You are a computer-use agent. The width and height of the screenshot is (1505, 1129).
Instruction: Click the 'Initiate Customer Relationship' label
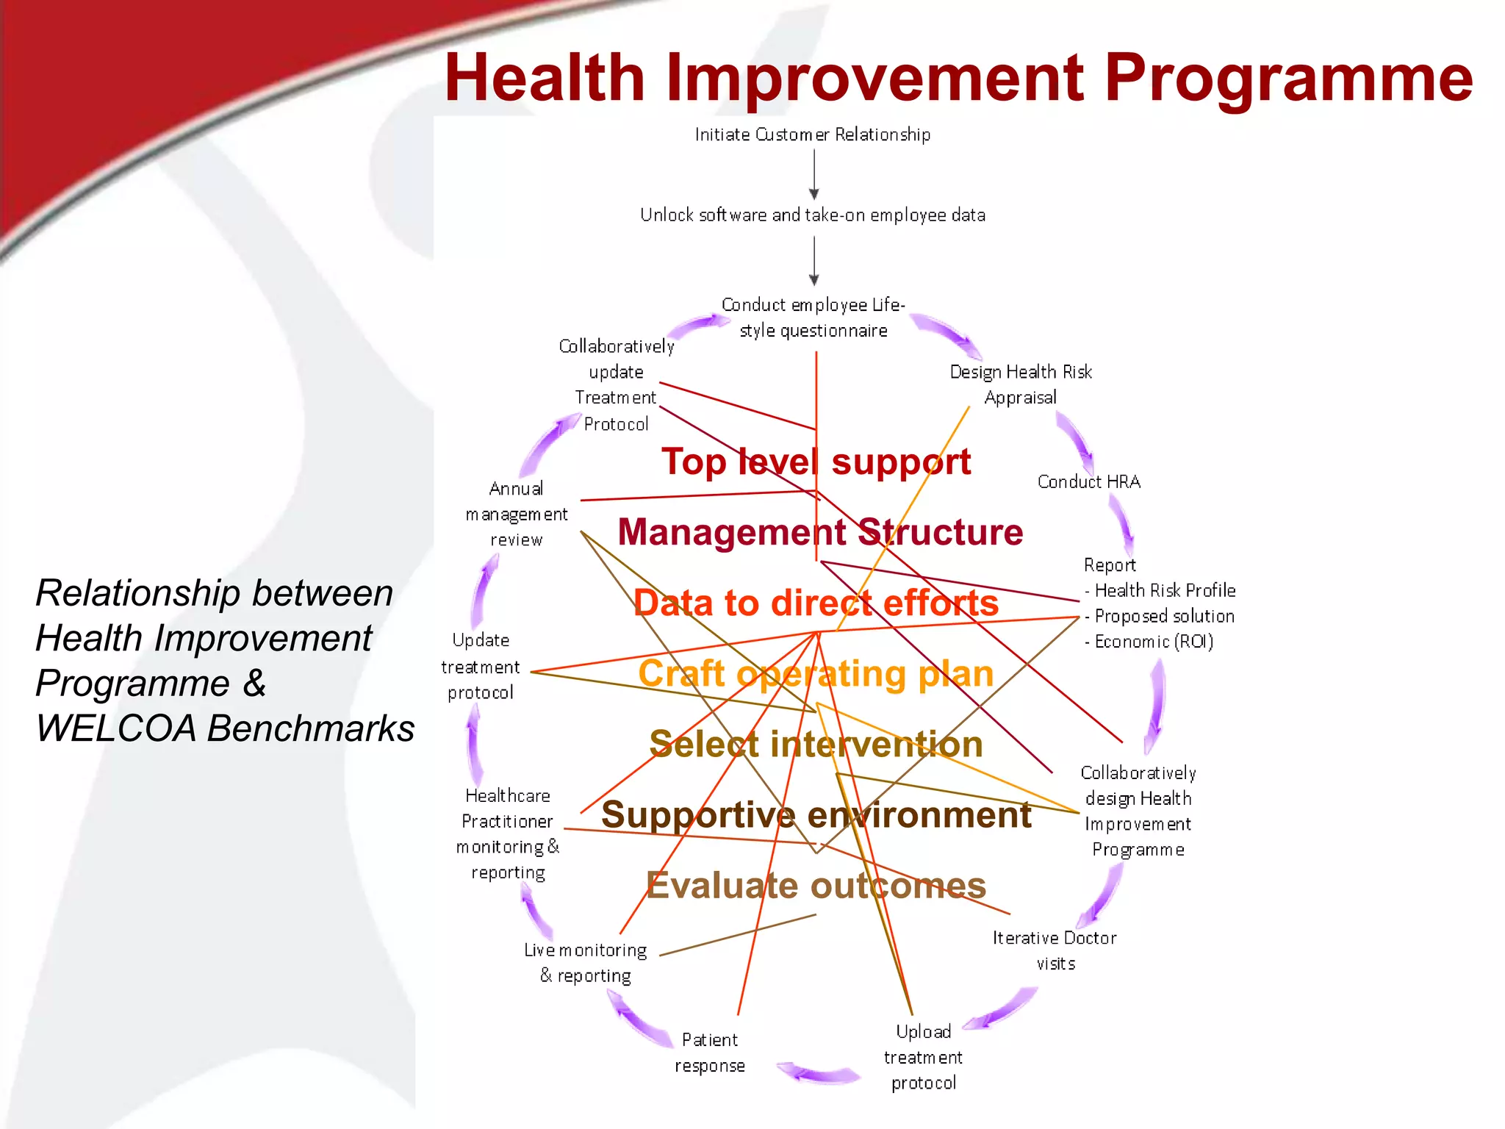[813, 135]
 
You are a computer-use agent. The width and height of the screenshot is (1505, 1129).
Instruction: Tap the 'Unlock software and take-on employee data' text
[813, 215]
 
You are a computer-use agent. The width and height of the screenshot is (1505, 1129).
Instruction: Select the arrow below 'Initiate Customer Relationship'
[813, 175]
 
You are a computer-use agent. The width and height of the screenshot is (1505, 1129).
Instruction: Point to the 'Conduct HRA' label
[1088, 482]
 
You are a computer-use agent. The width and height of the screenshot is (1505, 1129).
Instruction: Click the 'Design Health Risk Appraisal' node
[1021, 384]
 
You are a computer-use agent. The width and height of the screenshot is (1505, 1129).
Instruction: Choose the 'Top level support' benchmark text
[816, 462]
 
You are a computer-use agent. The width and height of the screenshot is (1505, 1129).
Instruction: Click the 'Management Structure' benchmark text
[820, 531]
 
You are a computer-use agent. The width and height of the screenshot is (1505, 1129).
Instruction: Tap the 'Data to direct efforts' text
[816, 603]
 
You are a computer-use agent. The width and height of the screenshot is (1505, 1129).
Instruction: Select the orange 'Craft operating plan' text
[816, 673]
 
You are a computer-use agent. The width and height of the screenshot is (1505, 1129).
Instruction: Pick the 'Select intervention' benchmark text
[816, 744]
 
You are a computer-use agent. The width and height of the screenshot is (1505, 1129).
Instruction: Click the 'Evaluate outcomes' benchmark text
[816, 885]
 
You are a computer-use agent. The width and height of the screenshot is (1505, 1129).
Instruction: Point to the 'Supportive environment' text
[816, 814]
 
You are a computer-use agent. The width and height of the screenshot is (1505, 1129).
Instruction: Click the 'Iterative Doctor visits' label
[1055, 950]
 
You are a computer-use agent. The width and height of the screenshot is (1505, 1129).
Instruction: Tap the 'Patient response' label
[710, 1053]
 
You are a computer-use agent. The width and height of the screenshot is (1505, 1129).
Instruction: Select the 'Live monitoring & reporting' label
[586, 963]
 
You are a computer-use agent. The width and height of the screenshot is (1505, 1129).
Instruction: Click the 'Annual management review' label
[516, 514]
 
